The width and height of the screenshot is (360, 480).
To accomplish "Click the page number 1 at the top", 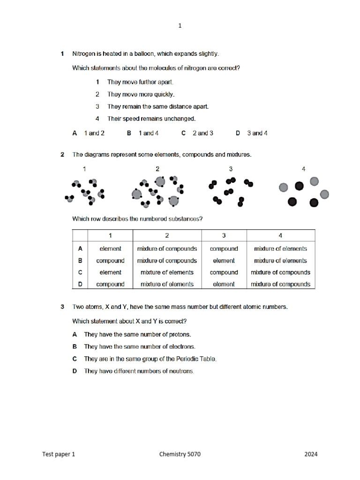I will click(x=180, y=26).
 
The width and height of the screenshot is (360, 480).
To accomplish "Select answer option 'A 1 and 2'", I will click(x=89, y=133).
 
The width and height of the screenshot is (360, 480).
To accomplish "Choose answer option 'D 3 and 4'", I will click(x=252, y=133).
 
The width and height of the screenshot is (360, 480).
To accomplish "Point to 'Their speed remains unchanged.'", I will click(x=151, y=119).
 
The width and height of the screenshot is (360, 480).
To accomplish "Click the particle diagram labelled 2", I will click(x=158, y=192).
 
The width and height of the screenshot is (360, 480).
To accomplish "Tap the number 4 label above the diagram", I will click(x=304, y=169).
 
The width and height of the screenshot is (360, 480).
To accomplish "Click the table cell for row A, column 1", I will click(x=110, y=249).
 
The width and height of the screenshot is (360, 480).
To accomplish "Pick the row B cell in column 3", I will click(x=224, y=261).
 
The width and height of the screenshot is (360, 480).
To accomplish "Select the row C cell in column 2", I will click(x=167, y=272).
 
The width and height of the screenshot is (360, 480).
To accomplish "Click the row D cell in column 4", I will click(x=280, y=284).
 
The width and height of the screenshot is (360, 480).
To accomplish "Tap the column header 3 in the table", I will click(x=224, y=236).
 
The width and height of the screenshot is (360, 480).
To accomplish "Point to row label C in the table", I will click(x=80, y=272).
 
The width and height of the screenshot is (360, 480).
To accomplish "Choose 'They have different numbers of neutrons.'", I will click(x=139, y=371).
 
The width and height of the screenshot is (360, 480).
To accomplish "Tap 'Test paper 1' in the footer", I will click(x=59, y=454).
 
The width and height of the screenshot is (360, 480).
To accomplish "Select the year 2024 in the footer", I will click(x=311, y=454).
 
